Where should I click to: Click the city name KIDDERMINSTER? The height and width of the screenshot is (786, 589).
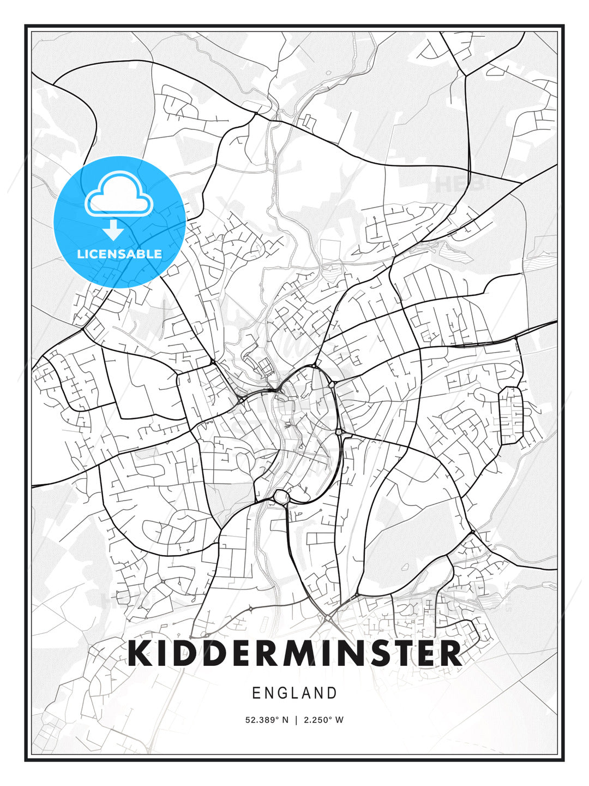(x=294, y=653)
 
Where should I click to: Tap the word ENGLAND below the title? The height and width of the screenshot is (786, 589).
(x=294, y=693)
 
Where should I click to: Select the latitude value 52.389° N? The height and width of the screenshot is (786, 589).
(x=267, y=720)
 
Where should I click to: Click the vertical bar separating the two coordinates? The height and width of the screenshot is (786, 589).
(x=295, y=720)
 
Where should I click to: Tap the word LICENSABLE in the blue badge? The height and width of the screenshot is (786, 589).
(x=119, y=254)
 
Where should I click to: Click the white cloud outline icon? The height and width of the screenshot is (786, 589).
(x=119, y=194)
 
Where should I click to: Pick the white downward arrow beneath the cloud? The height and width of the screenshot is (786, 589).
(x=113, y=230)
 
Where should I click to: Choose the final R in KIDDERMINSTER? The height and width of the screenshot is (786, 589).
(x=450, y=653)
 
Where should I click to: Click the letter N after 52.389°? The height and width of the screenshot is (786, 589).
(x=285, y=720)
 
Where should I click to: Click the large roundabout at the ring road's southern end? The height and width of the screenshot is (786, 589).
(x=281, y=497)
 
